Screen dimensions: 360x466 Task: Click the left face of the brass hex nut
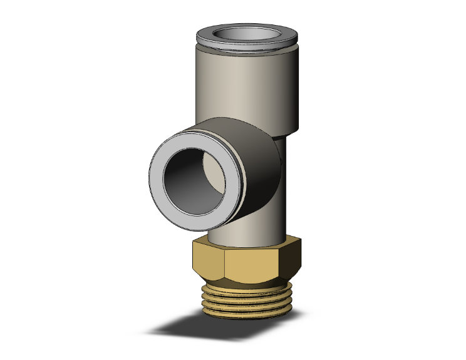coord(207,263)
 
